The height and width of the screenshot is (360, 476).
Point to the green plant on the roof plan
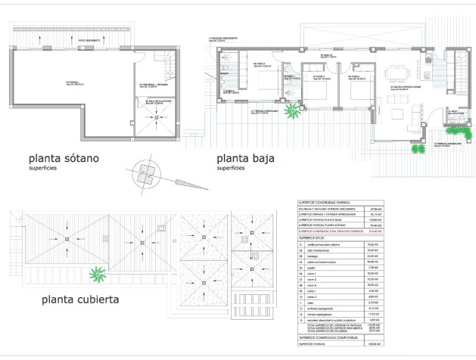[x=96, y=273]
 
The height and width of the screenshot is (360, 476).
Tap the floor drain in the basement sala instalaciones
[x=156, y=117]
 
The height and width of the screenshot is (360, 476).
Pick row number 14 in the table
[x=303, y=319]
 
